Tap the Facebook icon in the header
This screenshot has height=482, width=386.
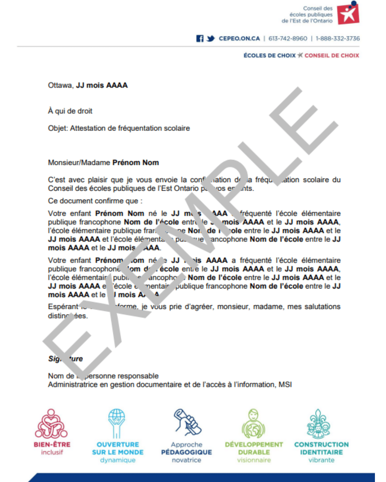200,39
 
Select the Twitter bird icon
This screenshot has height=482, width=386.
211,39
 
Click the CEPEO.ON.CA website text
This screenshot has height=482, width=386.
239,39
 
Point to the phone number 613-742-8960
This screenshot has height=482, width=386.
288,39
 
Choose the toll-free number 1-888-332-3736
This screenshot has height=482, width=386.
337,39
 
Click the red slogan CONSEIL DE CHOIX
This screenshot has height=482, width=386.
332,56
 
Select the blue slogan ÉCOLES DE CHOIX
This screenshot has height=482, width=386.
269,56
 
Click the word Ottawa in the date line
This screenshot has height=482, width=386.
60,85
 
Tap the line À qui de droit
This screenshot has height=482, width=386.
70,111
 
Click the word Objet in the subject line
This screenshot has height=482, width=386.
57,128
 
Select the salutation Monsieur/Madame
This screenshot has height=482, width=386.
79,162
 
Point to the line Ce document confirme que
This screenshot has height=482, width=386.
95,201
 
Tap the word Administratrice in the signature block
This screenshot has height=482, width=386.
73,385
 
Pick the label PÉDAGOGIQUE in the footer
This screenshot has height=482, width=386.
186,452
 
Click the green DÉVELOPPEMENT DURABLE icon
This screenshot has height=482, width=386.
253,424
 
